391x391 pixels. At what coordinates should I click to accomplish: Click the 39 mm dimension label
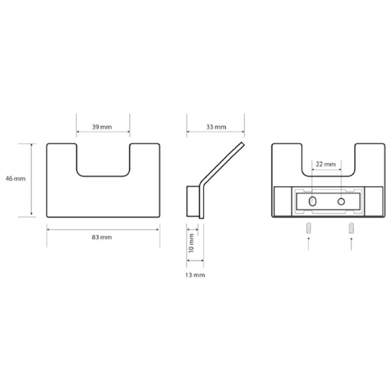(102, 127)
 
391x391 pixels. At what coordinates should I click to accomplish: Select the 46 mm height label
(16, 178)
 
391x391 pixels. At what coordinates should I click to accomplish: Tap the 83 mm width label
(102, 237)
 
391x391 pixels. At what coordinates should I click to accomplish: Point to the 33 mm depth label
(216, 127)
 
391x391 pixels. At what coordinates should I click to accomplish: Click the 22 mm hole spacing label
(326, 164)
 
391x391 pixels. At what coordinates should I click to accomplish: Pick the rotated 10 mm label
(191, 243)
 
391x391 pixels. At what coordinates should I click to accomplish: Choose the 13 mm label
(195, 275)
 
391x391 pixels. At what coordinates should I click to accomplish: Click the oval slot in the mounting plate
(312, 201)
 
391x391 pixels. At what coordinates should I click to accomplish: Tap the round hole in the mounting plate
(341, 201)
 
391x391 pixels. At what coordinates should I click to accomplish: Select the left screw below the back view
(308, 228)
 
